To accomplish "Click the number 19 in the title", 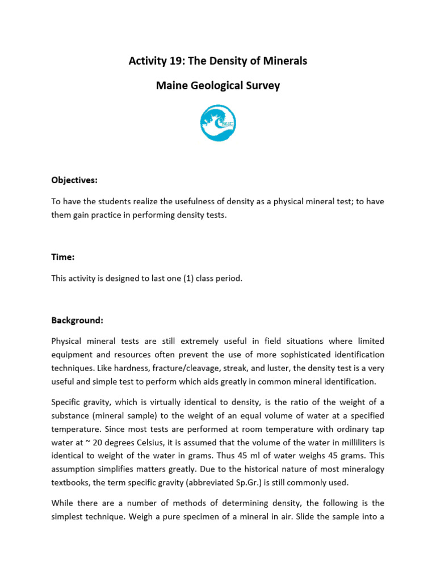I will click(174, 61).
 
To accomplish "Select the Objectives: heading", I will click(74, 180).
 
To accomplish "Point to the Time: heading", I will click(63, 257).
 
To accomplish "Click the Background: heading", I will click(77, 321).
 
